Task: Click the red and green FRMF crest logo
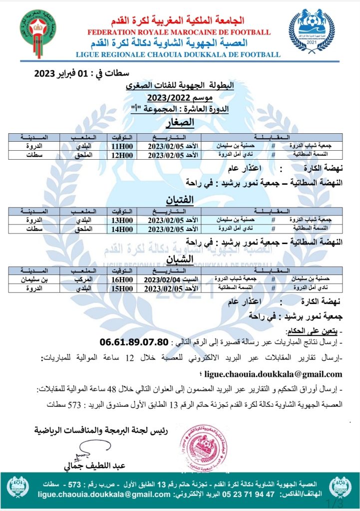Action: (37, 29)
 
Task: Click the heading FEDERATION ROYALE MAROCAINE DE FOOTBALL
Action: (178, 32)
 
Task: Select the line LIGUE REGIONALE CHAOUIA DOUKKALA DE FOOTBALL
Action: (178, 54)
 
